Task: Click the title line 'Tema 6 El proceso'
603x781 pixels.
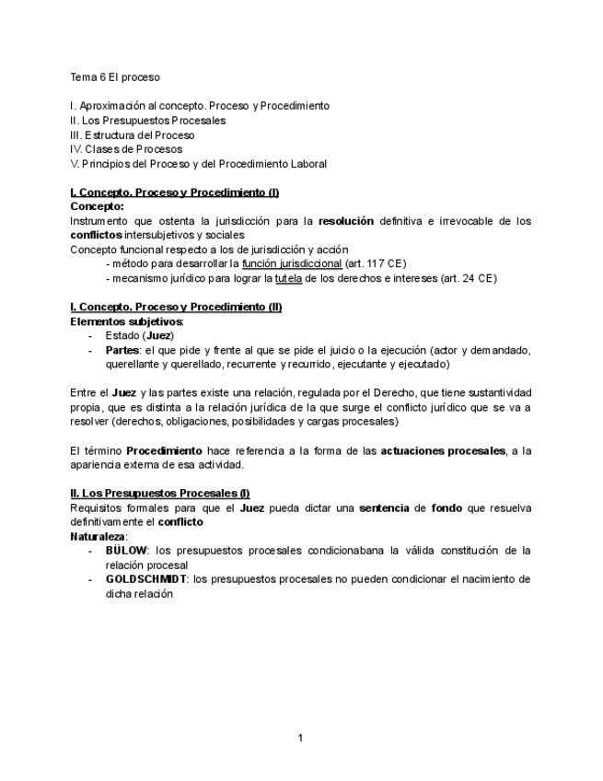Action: coord(115,77)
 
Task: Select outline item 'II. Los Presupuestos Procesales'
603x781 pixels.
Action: coord(147,120)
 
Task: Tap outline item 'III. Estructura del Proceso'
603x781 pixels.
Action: coord(132,134)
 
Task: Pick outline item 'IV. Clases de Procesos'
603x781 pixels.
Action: coord(126,149)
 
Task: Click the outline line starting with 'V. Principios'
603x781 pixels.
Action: coord(198,164)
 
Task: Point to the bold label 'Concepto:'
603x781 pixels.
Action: coord(97,207)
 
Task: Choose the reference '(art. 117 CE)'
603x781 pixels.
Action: coord(376,263)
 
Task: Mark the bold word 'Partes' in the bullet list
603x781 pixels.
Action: coord(122,350)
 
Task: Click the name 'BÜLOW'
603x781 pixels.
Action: coord(127,551)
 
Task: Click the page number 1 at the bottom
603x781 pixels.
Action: coord(301,737)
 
